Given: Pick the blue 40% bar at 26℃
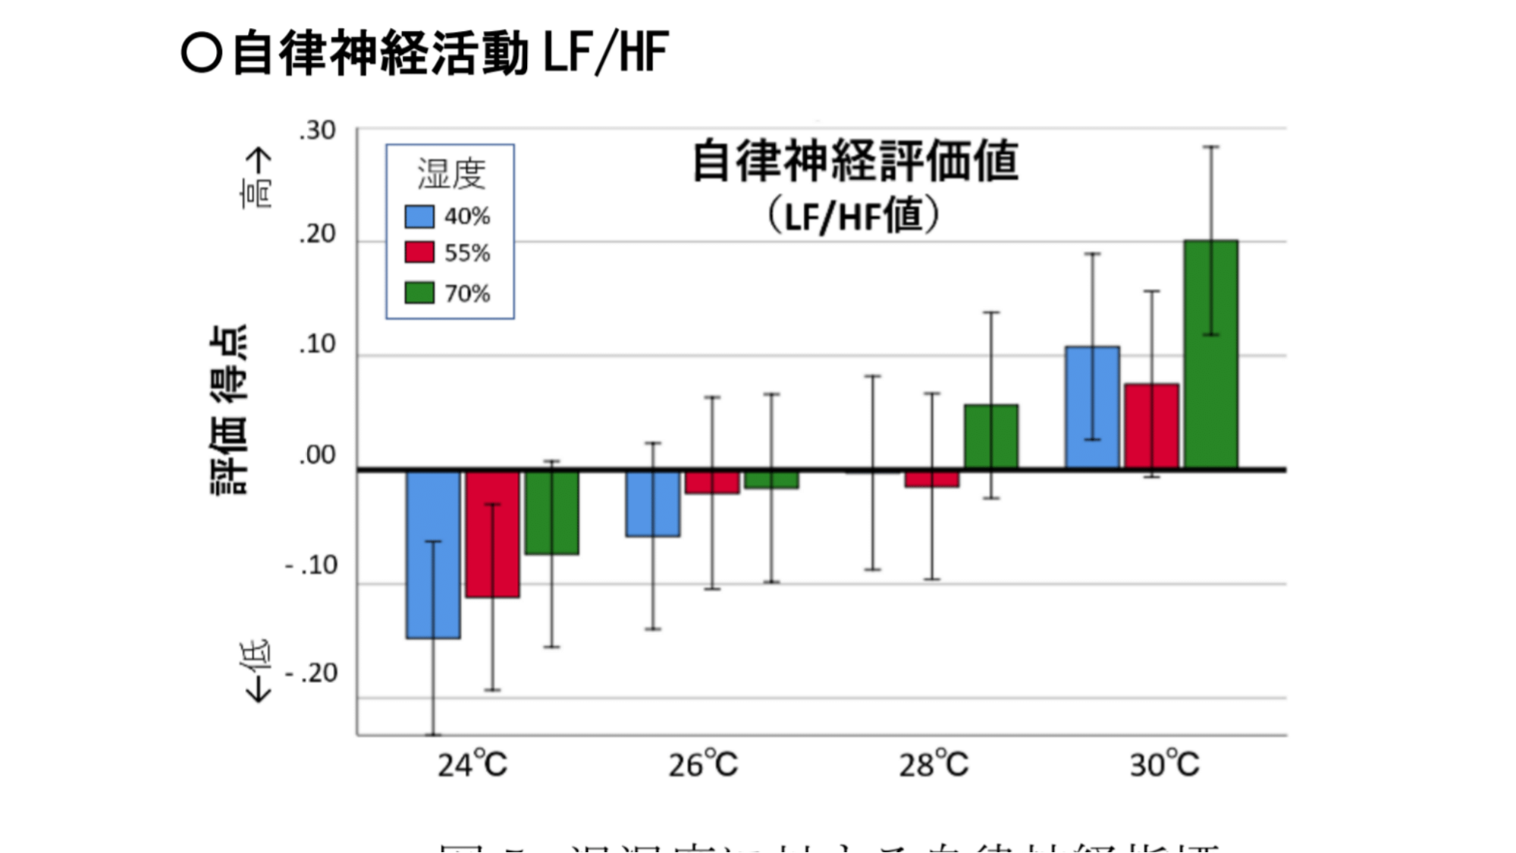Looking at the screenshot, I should (x=653, y=503).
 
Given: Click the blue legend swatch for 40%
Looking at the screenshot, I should (x=419, y=217).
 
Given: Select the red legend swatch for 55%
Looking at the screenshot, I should (x=419, y=252).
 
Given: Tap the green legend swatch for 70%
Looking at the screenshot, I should (x=419, y=293).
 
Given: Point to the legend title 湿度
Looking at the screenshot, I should (x=451, y=174).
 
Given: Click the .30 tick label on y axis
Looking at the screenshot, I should (x=317, y=131).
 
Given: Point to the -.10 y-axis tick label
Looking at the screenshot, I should (x=312, y=566).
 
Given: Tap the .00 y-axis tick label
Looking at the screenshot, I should (x=317, y=456).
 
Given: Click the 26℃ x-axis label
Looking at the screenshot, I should (x=703, y=764).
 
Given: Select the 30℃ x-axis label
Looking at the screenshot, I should (x=1165, y=764).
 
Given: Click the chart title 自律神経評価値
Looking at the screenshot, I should (x=855, y=162).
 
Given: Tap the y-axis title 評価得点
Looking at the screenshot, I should (x=228, y=410).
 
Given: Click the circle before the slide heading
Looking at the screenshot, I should (x=202, y=54).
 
